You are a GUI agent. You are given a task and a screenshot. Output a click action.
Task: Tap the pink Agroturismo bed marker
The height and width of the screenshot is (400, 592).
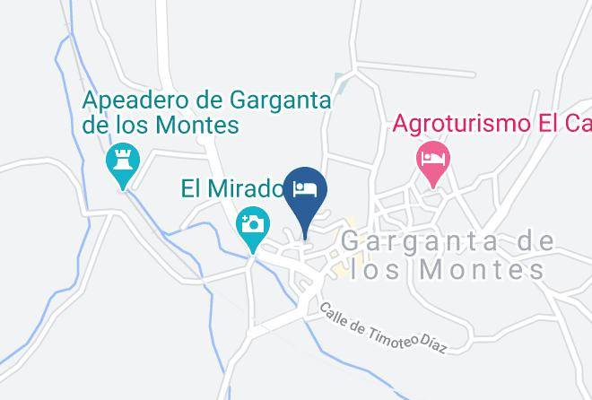pyautogui.click(x=434, y=162)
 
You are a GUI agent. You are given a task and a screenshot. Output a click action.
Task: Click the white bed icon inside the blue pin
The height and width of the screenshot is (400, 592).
pyautogui.click(x=305, y=189)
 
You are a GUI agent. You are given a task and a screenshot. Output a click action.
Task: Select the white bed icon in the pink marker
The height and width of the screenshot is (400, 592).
pyautogui.click(x=434, y=158)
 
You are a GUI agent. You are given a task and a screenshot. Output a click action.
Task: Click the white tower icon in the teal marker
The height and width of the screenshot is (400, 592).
pyautogui.click(x=121, y=161)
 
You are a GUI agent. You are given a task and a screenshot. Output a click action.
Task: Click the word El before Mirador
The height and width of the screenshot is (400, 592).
pyautogui.click(x=194, y=189)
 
